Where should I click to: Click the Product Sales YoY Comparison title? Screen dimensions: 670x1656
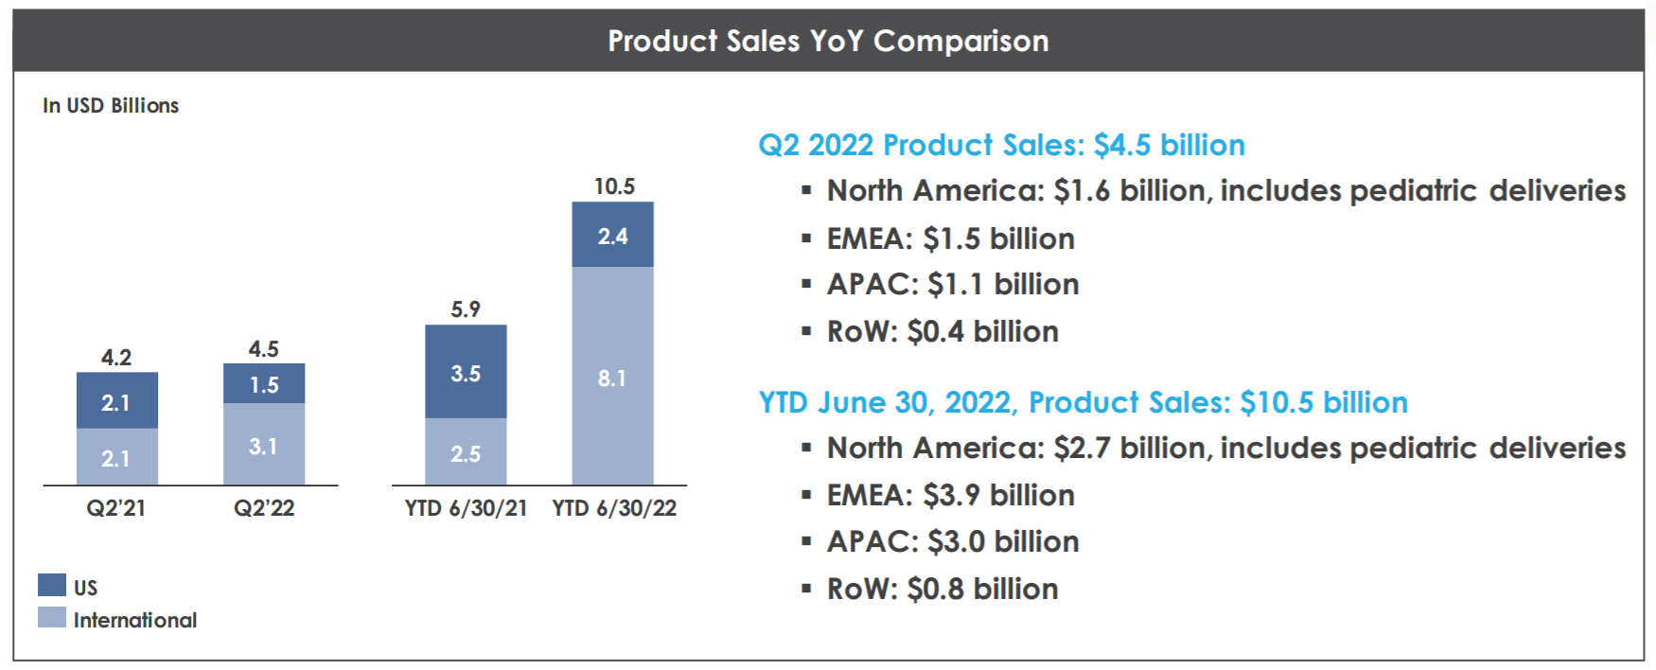pyautogui.click(x=828, y=41)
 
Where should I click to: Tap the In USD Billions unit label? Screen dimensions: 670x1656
pyautogui.click(x=111, y=105)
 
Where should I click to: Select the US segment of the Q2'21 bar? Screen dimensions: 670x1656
pyautogui.click(x=116, y=400)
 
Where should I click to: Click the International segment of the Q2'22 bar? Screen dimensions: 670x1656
pyautogui.click(x=264, y=445)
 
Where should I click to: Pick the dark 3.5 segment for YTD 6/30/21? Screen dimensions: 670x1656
pyautogui.click(x=466, y=372)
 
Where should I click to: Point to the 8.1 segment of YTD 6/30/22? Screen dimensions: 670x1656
pyautogui.click(x=612, y=377)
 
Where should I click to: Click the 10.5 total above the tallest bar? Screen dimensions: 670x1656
pyautogui.click(x=614, y=186)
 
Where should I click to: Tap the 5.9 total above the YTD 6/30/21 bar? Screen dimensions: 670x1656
pyautogui.click(x=466, y=309)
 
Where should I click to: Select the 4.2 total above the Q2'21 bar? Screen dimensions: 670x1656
pyautogui.click(x=116, y=358)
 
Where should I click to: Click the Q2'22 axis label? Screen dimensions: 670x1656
pyautogui.click(x=264, y=508)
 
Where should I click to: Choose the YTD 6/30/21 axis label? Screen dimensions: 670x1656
pyautogui.click(x=466, y=508)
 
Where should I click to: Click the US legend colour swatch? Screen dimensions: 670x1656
pyautogui.click(x=52, y=585)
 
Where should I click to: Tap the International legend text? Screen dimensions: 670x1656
pyautogui.click(x=135, y=620)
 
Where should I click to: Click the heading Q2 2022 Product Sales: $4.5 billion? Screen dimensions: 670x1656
pyautogui.click(x=1001, y=145)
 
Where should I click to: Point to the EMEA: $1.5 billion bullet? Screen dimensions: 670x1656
pyautogui.click(x=950, y=238)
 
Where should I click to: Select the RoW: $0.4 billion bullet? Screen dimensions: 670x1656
pyautogui.click(x=943, y=331)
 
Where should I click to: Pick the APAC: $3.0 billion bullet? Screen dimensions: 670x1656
pyautogui.click(x=953, y=541)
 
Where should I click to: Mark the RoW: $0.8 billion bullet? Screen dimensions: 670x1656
pyautogui.click(x=943, y=589)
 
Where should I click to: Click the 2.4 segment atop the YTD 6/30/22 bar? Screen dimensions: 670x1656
pyautogui.click(x=612, y=235)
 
